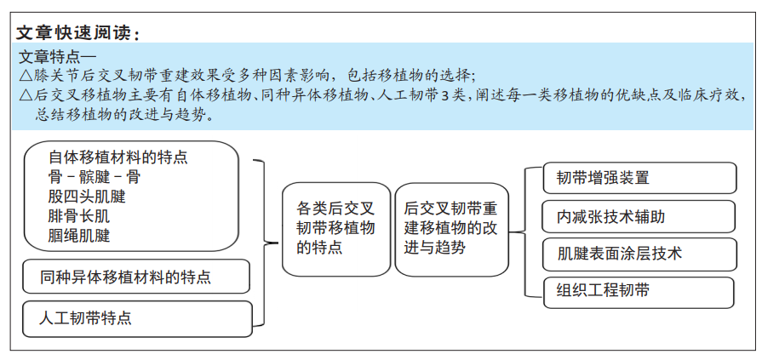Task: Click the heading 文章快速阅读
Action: click(75, 33)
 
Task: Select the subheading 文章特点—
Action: click(57, 57)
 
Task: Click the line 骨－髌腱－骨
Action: click(94, 177)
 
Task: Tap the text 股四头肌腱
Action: click(87, 197)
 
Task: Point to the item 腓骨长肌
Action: click(78, 216)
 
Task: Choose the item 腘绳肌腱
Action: click(78, 236)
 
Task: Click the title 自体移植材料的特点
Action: click(118, 157)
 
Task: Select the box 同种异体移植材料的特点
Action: click(136, 277)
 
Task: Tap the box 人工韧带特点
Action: click(138, 318)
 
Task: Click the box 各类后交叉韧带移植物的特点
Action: click(336, 229)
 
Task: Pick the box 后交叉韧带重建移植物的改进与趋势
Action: click(452, 229)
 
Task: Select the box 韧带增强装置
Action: click(639, 178)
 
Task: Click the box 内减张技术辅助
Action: click(639, 217)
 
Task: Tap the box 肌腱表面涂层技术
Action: click(639, 254)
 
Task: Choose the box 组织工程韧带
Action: click(639, 293)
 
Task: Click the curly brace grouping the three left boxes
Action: click(265, 243)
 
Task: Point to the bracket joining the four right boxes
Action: click(525, 232)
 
